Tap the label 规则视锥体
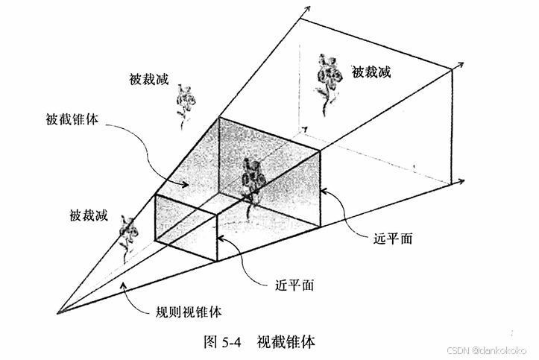coord(189,312)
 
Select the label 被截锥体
coord(72,119)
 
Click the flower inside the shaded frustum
coord(253,181)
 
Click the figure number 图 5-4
coord(223,342)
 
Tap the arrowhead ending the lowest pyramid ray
coord(464,181)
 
